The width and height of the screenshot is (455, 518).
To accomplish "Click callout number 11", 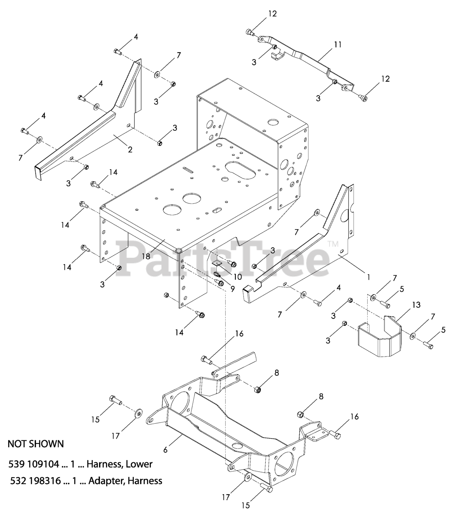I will [x=338, y=45].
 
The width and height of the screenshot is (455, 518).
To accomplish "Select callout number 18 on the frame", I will [x=146, y=256].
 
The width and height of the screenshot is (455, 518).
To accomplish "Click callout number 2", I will [x=130, y=149].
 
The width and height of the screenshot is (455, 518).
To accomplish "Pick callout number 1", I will [x=368, y=278].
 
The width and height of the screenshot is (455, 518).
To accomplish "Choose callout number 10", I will [x=237, y=277].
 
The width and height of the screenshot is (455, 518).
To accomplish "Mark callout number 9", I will [x=232, y=289].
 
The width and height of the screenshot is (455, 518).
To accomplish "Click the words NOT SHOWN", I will [x=36, y=444].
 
